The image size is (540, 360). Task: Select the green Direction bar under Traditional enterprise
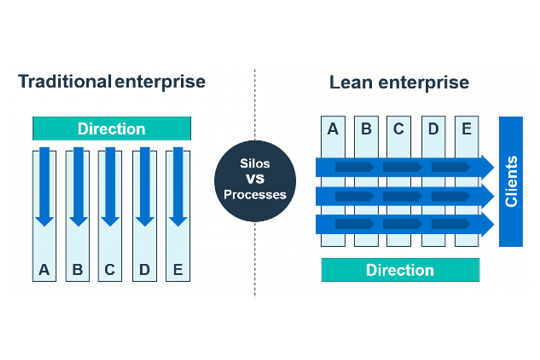111,129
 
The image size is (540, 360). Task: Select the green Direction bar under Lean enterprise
400,270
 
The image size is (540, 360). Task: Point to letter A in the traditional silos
43,269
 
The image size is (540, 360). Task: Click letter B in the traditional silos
77,269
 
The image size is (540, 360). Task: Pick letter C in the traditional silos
110,269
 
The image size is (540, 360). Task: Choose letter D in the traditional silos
144,269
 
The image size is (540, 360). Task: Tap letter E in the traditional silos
177,269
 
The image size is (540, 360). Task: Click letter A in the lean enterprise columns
332,130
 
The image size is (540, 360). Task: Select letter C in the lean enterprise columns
400,130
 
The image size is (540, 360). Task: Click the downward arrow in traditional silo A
43,185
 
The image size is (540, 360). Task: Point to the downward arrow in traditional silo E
177,185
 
